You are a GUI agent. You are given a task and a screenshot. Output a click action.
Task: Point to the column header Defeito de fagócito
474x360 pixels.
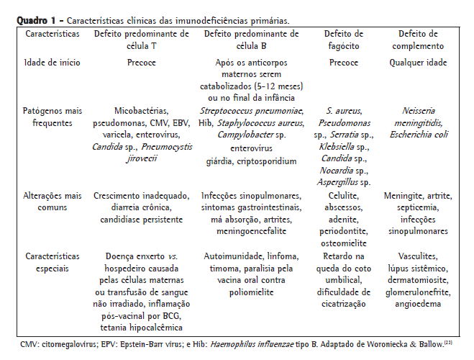coord(344,40)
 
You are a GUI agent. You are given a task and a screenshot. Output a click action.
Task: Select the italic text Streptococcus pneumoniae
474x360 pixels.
coord(252,112)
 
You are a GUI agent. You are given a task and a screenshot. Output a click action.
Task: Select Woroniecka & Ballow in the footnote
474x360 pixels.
coord(395,344)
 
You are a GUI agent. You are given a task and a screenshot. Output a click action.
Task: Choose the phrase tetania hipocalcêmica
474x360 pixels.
coord(142,327)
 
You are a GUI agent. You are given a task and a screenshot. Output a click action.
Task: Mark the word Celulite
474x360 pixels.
coord(344,197)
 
